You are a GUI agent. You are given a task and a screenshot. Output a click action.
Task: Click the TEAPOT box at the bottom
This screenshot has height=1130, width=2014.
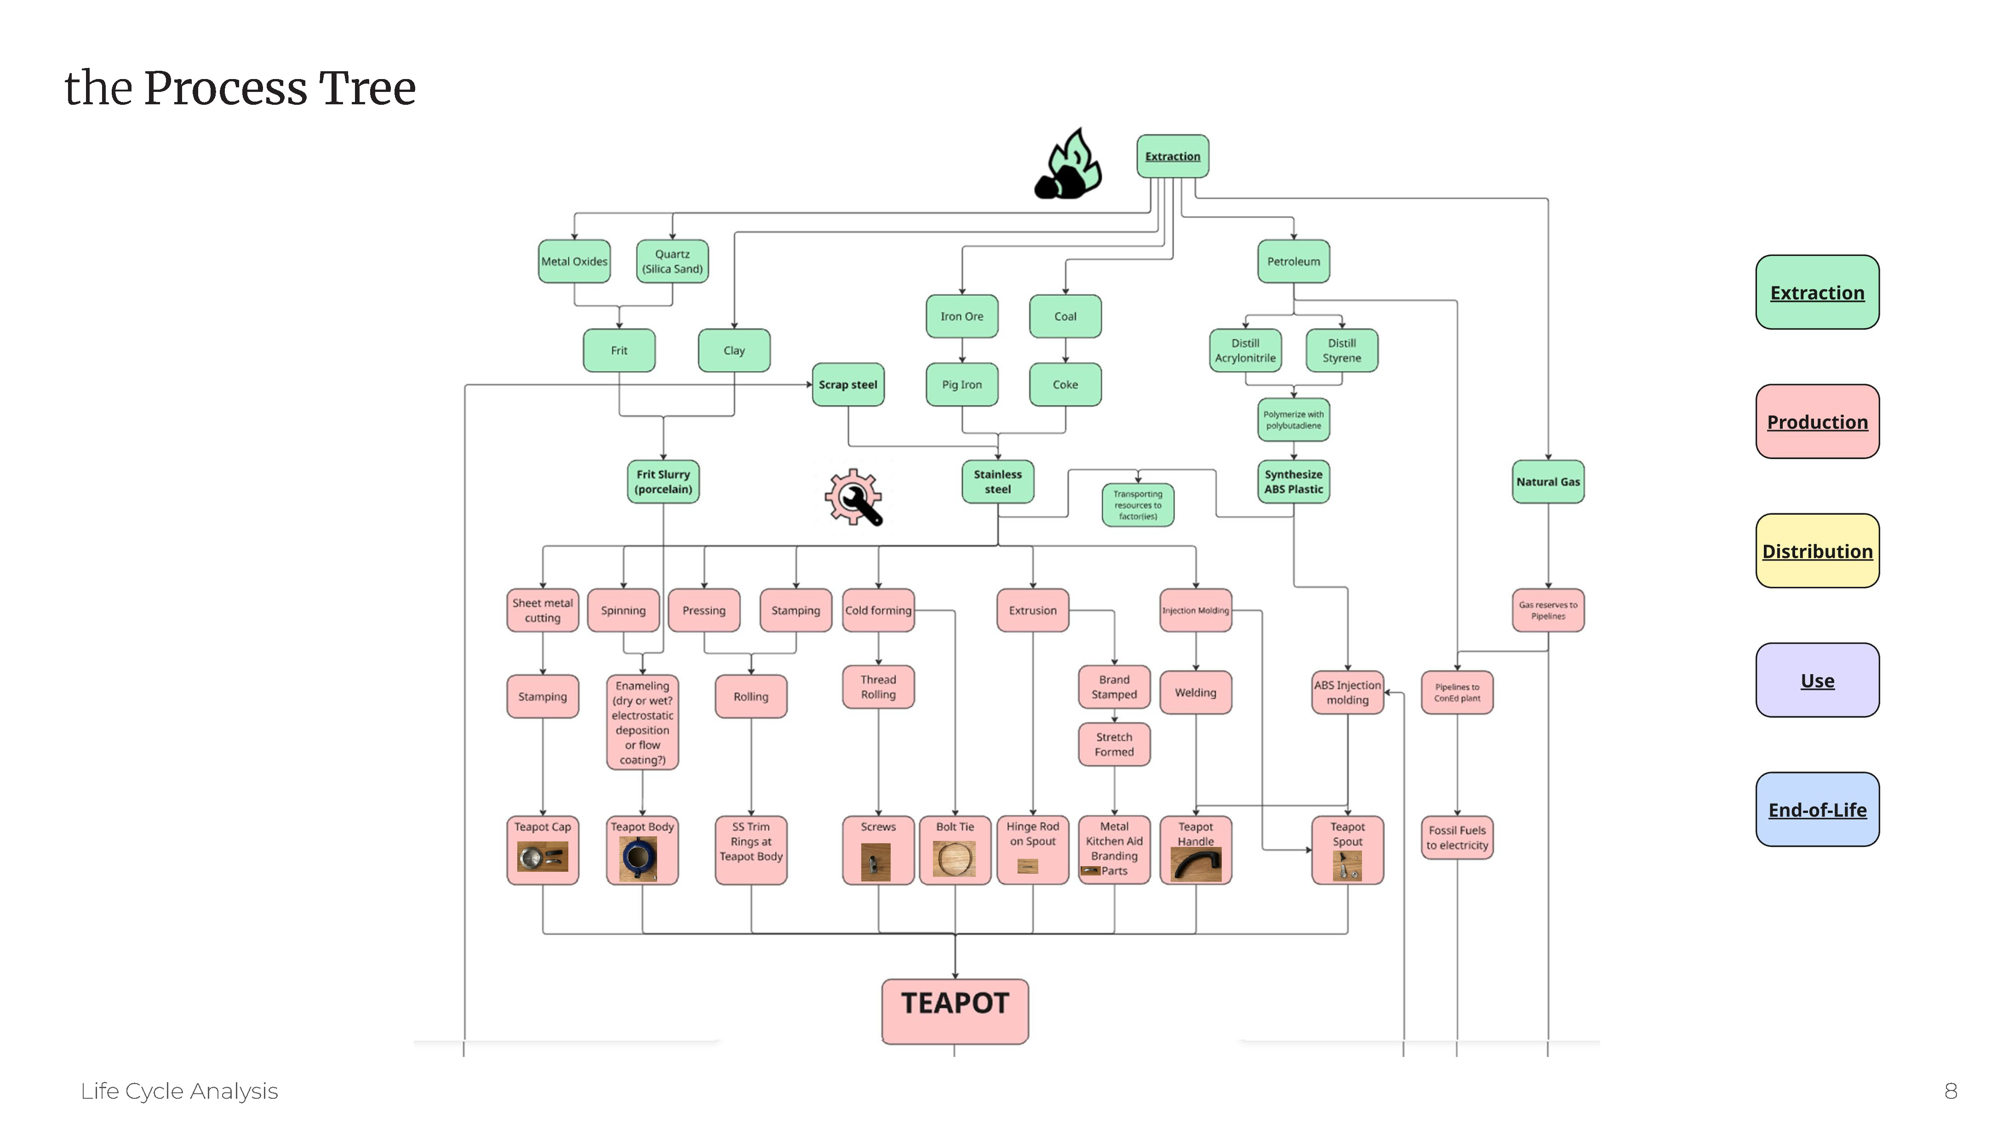pyautogui.click(x=955, y=1011)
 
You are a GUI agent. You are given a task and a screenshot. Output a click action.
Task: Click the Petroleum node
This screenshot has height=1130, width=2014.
pyautogui.click(x=1293, y=261)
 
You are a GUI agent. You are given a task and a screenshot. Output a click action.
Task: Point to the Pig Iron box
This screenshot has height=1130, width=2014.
pyautogui.click(x=961, y=385)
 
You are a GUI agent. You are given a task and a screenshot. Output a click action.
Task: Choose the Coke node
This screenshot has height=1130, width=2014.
pyautogui.click(x=1065, y=385)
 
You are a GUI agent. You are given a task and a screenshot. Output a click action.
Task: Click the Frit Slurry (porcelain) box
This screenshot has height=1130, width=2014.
pyautogui.click(x=663, y=482)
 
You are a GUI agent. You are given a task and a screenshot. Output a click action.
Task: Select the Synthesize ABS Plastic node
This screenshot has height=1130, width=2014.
pyautogui.click(x=1293, y=482)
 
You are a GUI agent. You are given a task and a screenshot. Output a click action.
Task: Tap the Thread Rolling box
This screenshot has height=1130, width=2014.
pyautogui.click(x=878, y=687)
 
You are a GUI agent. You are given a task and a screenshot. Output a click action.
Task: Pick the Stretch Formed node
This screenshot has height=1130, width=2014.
pyautogui.click(x=1114, y=744)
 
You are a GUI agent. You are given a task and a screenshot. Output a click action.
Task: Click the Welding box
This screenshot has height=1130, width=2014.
pyautogui.click(x=1196, y=693)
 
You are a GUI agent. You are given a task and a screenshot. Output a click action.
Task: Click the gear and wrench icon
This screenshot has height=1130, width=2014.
pyautogui.click(x=854, y=498)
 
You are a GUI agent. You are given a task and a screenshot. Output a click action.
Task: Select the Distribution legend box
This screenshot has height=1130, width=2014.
pyautogui.click(x=1817, y=551)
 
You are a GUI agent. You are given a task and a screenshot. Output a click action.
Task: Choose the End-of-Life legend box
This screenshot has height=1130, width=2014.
pyautogui.click(x=1817, y=810)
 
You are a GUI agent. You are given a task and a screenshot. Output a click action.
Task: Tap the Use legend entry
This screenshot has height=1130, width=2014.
pyautogui.click(x=1817, y=681)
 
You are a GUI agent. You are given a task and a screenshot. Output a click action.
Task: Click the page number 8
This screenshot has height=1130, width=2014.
pyautogui.click(x=1951, y=1091)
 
